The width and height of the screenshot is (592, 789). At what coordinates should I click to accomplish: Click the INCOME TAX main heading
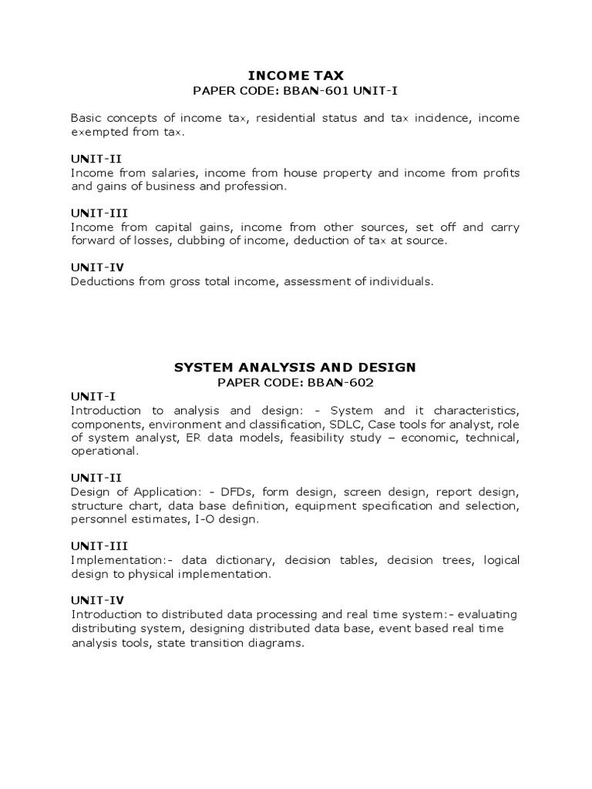click(295, 75)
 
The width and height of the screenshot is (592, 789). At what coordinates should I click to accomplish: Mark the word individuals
click(397, 281)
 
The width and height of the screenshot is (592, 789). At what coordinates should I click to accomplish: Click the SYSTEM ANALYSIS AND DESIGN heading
click(295, 368)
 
